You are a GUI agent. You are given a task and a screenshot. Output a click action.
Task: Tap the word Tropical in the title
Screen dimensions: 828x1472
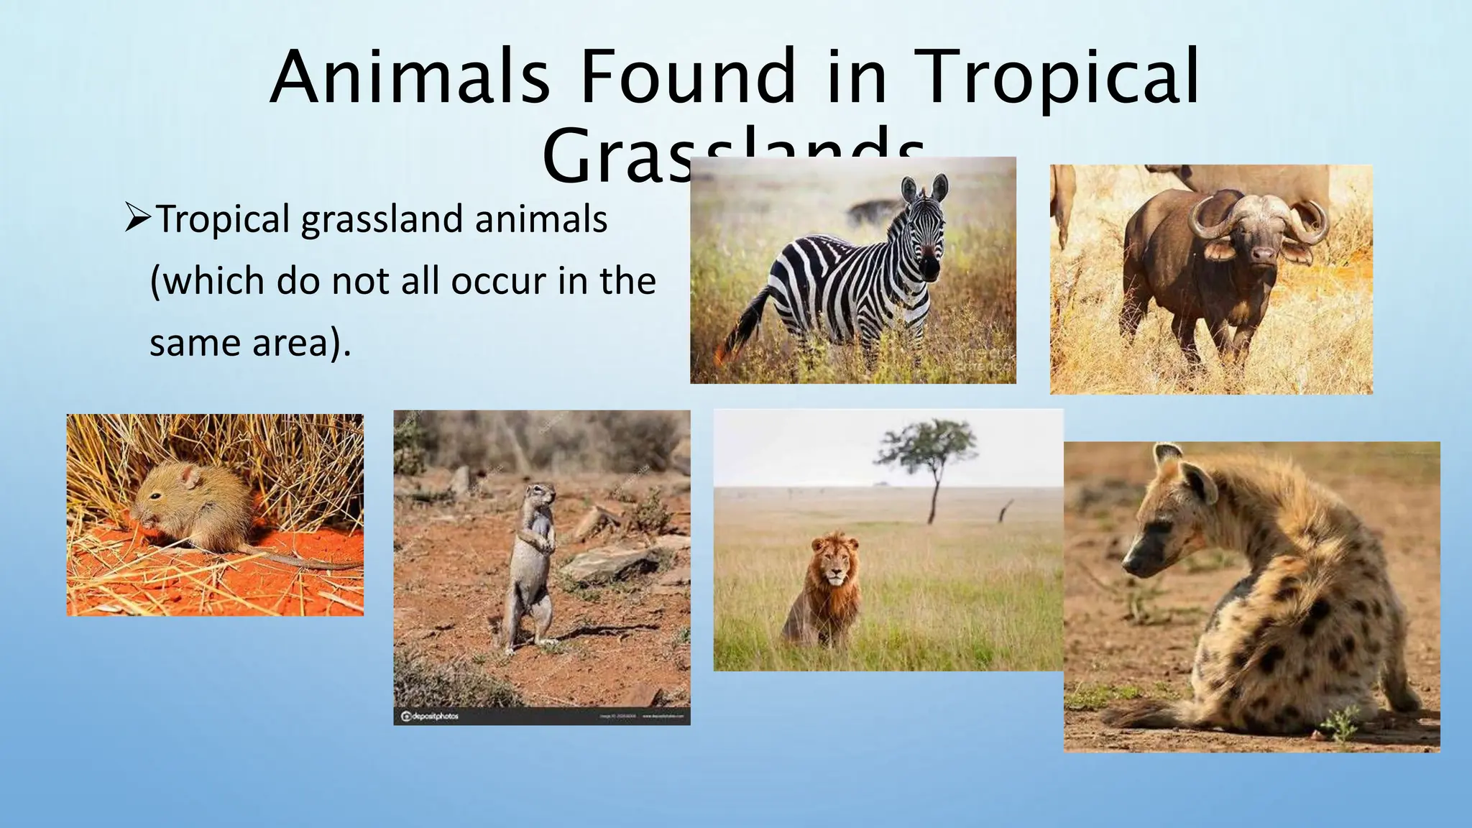point(1059,78)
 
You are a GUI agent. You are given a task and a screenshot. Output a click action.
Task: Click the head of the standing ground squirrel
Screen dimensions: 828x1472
point(543,495)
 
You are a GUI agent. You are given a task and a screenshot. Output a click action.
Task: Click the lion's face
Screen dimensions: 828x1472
point(834,568)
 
